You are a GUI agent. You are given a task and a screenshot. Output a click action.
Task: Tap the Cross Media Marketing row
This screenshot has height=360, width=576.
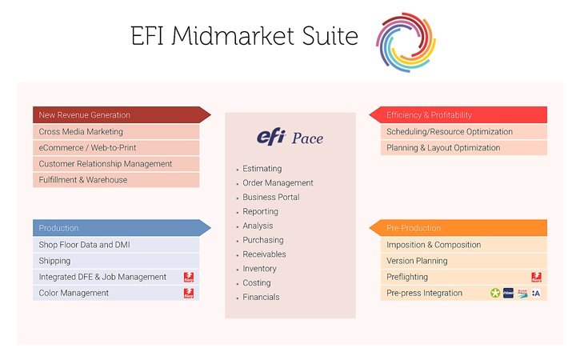(x=81, y=131)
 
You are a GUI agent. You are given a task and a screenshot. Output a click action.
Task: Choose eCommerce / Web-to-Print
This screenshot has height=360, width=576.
(x=89, y=147)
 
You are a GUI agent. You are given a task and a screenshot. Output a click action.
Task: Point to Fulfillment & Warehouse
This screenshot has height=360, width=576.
(x=83, y=180)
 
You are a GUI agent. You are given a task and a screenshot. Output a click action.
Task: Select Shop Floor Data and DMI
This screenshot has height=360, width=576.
(x=86, y=245)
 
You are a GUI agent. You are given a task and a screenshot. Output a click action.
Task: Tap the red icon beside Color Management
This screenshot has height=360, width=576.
(x=189, y=293)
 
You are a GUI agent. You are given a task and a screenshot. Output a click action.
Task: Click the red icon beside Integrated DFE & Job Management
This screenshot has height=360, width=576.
(x=189, y=277)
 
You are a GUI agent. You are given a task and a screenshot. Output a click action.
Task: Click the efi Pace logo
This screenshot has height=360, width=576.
(x=290, y=138)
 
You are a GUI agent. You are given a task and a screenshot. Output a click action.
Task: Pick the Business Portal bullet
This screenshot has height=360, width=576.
(x=270, y=198)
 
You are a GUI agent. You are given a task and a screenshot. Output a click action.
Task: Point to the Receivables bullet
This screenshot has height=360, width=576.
(x=264, y=254)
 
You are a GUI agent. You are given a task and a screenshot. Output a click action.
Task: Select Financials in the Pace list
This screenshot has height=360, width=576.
(x=262, y=298)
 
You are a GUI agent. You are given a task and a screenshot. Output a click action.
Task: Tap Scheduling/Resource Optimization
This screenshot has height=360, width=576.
(x=449, y=131)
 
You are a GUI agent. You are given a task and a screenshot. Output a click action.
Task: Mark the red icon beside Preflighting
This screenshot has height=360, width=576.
(x=536, y=277)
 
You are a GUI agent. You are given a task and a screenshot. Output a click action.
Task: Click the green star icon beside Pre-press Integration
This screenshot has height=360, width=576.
(x=496, y=293)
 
